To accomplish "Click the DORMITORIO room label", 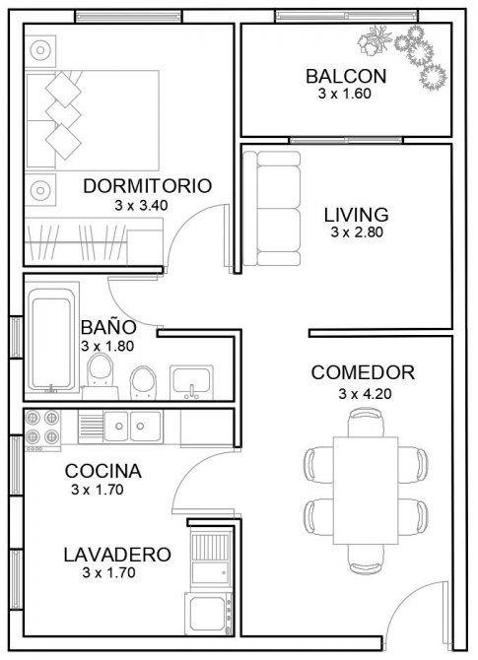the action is click(x=147, y=186).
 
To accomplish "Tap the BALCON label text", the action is click(x=346, y=76).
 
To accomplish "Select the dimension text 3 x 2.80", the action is click(x=357, y=231).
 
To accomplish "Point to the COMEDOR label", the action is click(x=363, y=372).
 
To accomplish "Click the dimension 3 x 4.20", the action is click(x=365, y=394).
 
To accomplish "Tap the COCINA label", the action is click(x=103, y=471).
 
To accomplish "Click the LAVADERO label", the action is click(x=117, y=555).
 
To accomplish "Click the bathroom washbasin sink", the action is click(x=191, y=382).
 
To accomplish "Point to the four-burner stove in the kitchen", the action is click(x=42, y=429).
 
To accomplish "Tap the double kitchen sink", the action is click(x=132, y=427).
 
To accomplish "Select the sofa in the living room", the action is click(x=272, y=209).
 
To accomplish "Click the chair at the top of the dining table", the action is click(x=366, y=423).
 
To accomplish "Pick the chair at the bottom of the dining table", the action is click(x=366, y=559).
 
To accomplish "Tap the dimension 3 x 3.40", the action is click(x=141, y=206).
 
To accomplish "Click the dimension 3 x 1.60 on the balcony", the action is click(x=345, y=94).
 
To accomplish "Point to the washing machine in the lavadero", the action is click(x=209, y=614).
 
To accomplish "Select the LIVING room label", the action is click(x=357, y=215).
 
